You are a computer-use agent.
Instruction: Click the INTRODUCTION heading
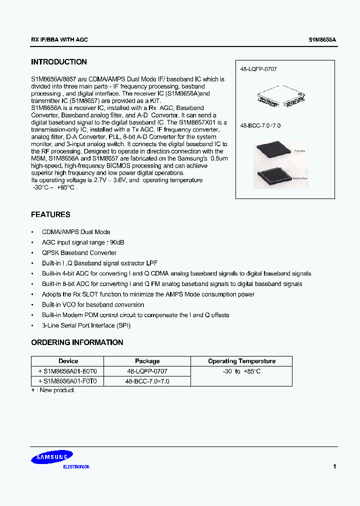pyautogui.click(x=59, y=62)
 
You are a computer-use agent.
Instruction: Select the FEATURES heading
pyautogui.click(x=50, y=214)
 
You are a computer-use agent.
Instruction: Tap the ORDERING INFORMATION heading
pyautogui.click(x=77, y=342)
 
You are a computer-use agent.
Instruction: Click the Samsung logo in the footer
pyautogui.click(x=53, y=456)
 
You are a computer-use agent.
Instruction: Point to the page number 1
pyautogui.click(x=334, y=466)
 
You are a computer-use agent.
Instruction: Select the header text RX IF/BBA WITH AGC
pyautogui.click(x=59, y=39)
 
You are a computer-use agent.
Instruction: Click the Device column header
pyautogui.click(x=68, y=361)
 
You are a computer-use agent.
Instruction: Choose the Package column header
pyautogui.click(x=147, y=361)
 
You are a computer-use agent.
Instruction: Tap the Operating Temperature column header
pyautogui.click(x=242, y=361)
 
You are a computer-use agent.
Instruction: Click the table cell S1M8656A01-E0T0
pyautogui.click(x=68, y=371)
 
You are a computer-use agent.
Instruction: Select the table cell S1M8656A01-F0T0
pyautogui.click(x=68, y=381)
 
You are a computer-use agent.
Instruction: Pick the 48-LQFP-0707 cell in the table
pyautogui.click(x=147, y=371)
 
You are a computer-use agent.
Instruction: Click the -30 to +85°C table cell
pyautogui.click(x=242, y=371)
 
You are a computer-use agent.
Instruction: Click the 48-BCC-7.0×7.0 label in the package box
pyautogui.click(x=260, y=125)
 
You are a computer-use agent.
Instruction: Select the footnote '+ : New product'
pyautogui.click(x=52, y=390)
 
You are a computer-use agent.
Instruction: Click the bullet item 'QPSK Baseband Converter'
pyautogui.click(x=79, y=253)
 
